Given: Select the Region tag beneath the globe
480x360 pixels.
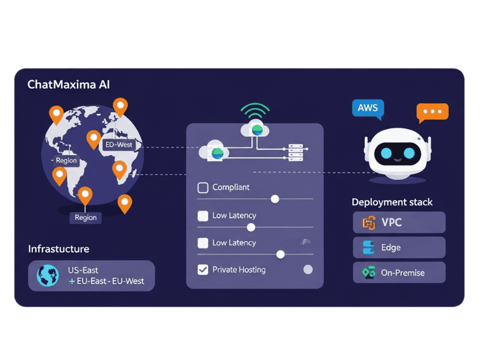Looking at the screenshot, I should pos(85,217).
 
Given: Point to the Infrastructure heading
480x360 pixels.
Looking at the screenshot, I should pos(59,249).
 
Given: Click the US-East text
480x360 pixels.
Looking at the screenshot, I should pos(83,271).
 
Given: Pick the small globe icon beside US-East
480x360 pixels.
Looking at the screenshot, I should pos(48,275).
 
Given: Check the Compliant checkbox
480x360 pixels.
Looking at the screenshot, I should pos(203,188).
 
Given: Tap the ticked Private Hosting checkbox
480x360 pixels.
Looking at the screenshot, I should pos(203,270).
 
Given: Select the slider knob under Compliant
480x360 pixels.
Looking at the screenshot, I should pos(275,199).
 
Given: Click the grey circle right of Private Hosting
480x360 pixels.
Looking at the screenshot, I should pos(308,270).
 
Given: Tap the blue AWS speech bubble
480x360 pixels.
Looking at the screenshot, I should pos(367,109).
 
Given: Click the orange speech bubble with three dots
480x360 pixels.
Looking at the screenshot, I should pos(433,112).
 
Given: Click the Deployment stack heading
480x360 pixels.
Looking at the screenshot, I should pos(392,202).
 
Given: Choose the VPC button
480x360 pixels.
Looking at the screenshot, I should pos(399,223).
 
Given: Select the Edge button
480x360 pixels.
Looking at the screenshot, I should pos(399,247).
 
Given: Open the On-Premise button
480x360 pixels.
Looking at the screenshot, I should pos(399,272).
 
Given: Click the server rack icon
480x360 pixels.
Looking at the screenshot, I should pos(295,152).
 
